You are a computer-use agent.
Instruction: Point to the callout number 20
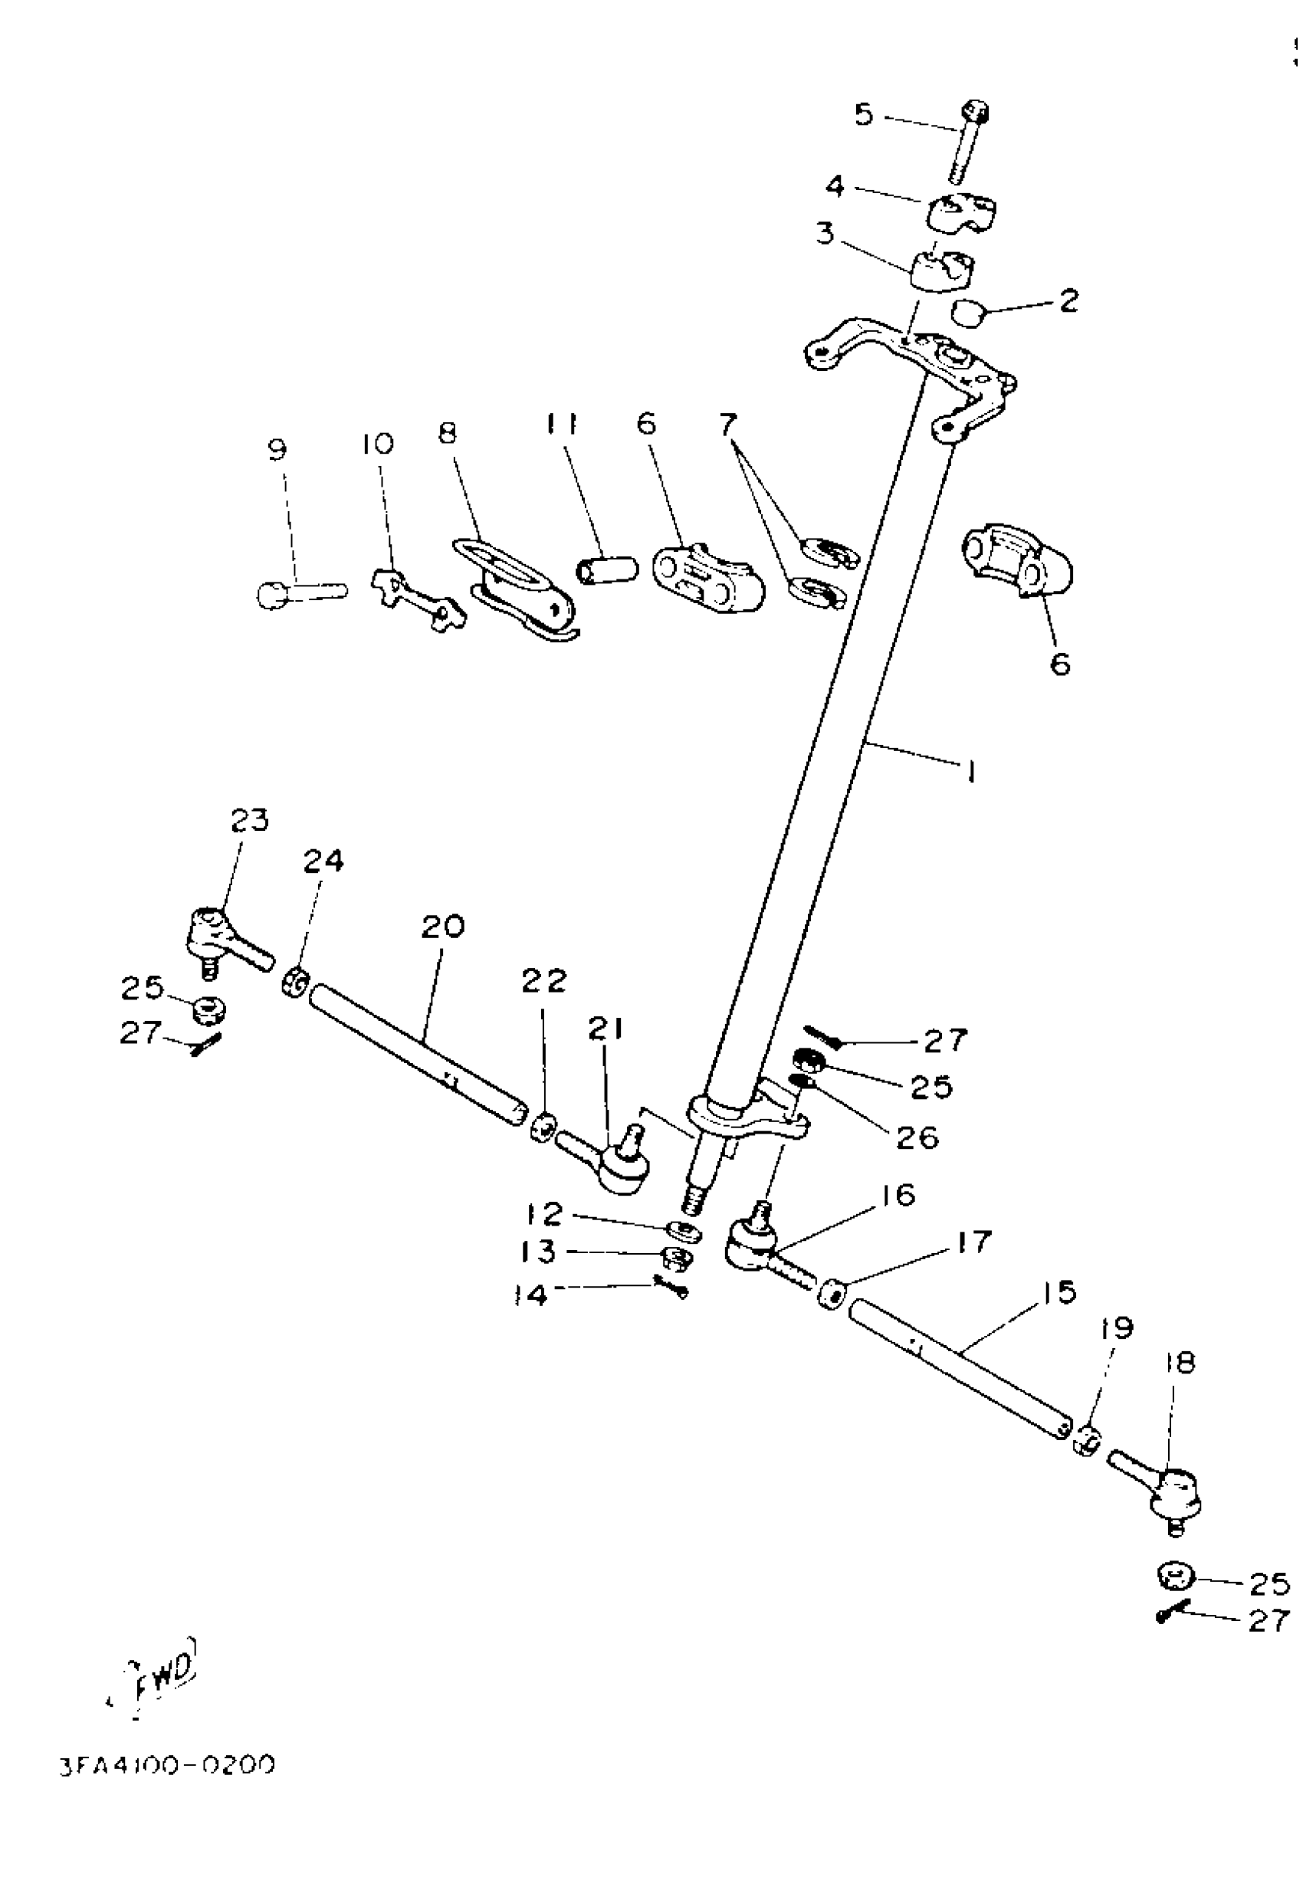tap(443, 927)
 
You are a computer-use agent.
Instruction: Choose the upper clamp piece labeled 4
tap(960, 212)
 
